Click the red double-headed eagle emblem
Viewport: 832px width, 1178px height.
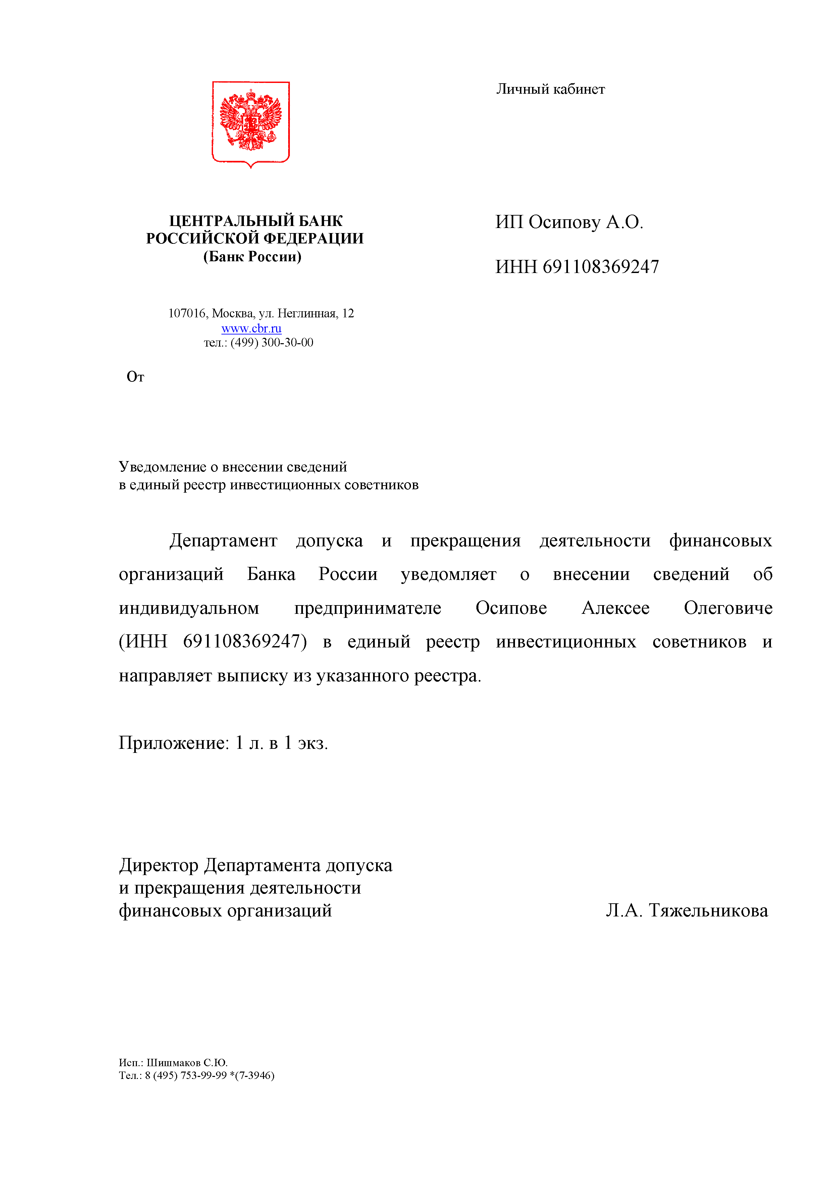coord(251,122)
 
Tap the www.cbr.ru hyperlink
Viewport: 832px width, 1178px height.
coord(251,328)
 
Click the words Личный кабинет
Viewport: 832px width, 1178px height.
coord(550,89)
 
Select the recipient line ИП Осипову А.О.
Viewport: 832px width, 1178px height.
coord(569,222)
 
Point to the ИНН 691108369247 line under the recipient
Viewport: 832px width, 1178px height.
coord(577,267)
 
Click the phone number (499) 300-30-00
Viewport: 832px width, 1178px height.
coord(272,343)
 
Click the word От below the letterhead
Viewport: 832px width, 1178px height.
coord(135,377)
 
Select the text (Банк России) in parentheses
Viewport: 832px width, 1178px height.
coord(252,257)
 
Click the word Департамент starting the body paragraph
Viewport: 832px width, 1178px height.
coord(223,541)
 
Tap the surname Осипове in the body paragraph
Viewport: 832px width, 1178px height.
coord(511,608)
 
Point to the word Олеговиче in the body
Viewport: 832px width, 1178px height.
coord(728,608)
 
